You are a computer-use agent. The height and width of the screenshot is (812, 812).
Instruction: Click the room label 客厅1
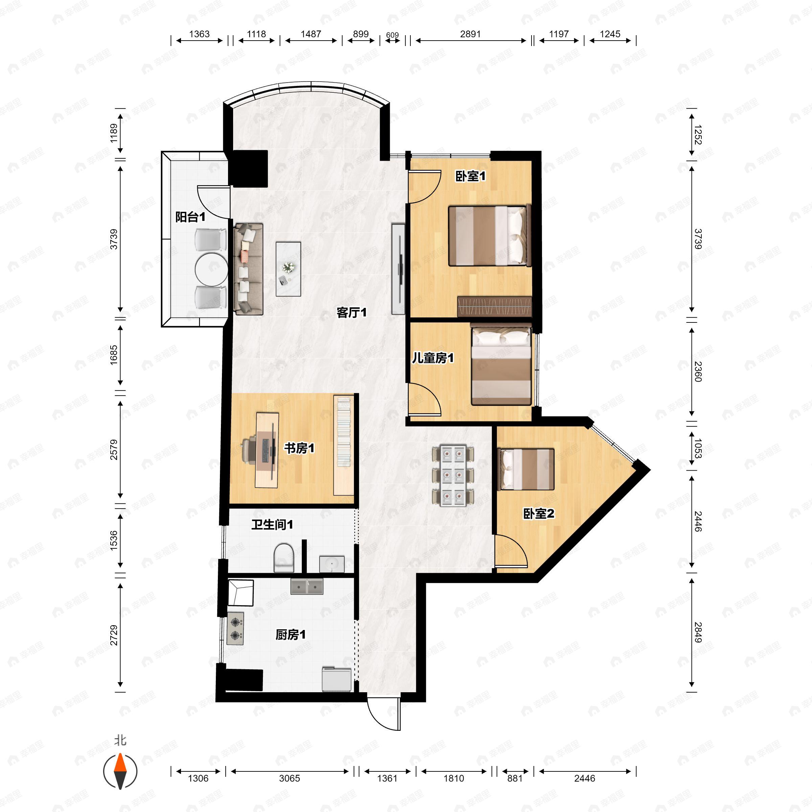(x=352, y=312)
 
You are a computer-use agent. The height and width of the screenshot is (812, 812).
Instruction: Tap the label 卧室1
(x=470, y=176)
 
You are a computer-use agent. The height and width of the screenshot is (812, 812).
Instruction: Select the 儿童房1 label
(x=432, y=358)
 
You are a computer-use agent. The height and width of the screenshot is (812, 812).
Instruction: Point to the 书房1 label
(x=299, y=448)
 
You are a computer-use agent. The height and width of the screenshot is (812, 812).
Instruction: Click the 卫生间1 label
(x=272, y=524)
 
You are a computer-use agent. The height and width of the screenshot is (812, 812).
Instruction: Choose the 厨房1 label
(x=290, y=634)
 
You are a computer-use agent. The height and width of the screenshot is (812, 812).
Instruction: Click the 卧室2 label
(x=538, y=513)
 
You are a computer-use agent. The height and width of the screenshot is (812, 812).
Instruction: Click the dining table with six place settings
(x=453, y=475)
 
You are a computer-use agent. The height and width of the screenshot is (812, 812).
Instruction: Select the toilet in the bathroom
(x=284, y=557)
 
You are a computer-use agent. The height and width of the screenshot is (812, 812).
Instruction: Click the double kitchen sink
(x=307, y=586)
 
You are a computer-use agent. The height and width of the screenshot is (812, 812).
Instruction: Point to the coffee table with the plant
(x=288, y=269)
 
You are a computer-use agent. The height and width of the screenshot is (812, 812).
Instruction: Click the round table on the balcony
(x=211, y=269)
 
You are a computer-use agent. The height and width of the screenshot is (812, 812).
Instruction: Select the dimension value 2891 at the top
(x=470, y=34)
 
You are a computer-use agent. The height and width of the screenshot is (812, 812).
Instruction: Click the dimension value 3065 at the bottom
(x=290, y=779)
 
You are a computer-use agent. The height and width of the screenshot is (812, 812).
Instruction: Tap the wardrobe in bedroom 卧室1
(x=494, y=307)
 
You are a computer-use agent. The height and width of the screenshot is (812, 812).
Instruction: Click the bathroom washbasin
(x=332, y=564)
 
